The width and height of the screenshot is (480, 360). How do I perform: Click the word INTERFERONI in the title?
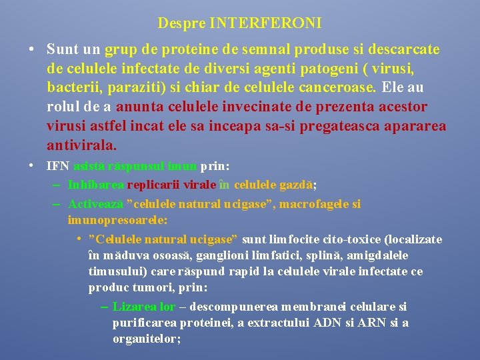pos(265,23)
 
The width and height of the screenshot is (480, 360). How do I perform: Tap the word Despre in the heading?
pos(181,23)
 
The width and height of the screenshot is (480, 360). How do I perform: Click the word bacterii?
pos(70,87)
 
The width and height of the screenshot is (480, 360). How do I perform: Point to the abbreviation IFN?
pos(58,166)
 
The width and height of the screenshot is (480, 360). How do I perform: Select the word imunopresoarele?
pos(117,219)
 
